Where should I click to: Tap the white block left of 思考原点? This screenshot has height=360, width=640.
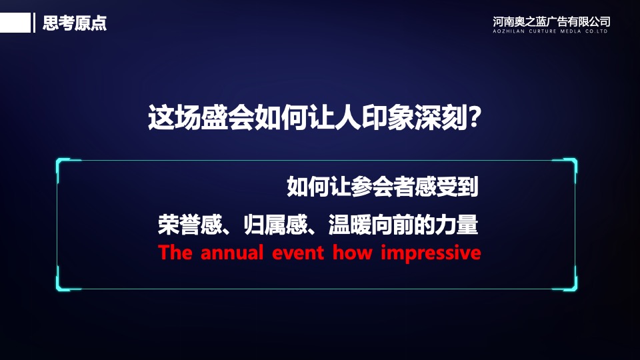click(x=15, y=23)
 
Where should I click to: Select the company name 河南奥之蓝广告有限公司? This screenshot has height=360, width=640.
click(x=551, y=21)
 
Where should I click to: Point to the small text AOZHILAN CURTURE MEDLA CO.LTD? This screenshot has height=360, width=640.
click(x=551, y=31)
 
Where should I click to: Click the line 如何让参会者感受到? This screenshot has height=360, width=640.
click(x=383, y=187)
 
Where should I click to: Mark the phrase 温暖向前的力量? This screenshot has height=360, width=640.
click(x=403, y=225)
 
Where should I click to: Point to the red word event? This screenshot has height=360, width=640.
click(x=298, y=253)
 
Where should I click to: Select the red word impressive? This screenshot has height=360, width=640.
click(x=431, y=253)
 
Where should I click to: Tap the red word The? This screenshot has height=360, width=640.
click(x=175, y=253)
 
